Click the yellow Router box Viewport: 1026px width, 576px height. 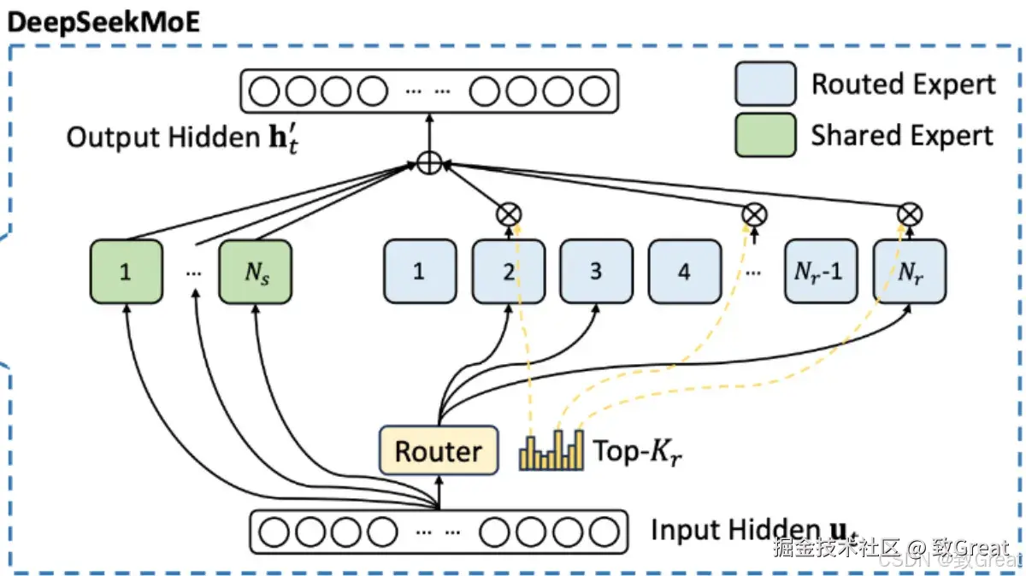tap(438, 450)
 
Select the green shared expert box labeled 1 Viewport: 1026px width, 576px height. tap(126, 272)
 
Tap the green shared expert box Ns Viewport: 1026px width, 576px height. tap(255, 272)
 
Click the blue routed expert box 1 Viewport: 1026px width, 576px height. tap(419, 272)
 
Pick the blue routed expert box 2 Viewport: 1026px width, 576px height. tap(508, 272)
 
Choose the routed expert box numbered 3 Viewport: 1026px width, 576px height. tap(596, 272)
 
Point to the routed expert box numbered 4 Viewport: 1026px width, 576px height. tap(684, 272)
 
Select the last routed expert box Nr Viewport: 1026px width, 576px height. tap(909, 272)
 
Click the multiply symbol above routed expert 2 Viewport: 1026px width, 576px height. tap(510, 214)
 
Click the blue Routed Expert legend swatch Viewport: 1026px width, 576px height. tap(765, 84)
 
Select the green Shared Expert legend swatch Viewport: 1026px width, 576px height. tap(765, 135)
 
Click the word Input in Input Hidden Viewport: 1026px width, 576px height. tap(685, 530)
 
